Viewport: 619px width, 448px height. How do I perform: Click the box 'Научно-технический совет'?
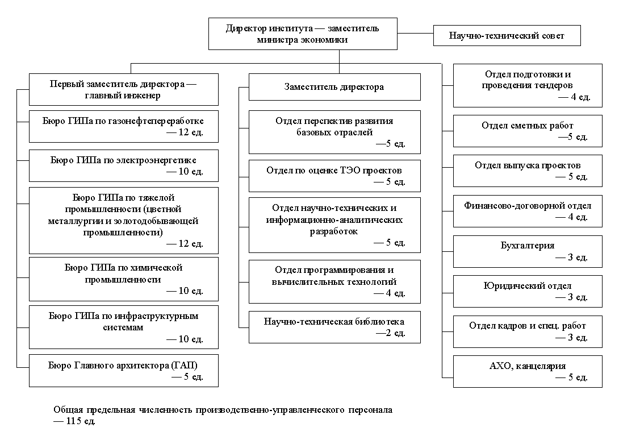[507, 35]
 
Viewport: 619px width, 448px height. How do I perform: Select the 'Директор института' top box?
[302, 34]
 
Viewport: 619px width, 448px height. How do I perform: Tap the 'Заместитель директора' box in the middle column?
[334, 87]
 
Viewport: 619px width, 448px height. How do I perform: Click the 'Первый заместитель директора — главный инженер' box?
[123, 89]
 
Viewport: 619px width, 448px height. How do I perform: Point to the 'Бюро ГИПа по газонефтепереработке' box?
[123, 126]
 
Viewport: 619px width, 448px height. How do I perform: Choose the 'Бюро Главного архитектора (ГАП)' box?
[123, 371]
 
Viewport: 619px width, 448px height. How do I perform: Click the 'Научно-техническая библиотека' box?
[334, 327]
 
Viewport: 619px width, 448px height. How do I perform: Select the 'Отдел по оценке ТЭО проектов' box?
[334, 176]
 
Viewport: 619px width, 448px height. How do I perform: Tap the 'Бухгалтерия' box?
[527, 251]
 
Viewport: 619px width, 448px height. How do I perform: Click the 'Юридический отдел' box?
[527, 291]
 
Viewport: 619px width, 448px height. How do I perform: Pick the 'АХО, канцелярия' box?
[527, 371]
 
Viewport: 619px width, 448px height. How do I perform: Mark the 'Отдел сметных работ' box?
[527, 131]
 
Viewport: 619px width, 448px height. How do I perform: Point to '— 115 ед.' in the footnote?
[74, 421]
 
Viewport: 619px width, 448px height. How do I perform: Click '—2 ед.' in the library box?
[391, 333]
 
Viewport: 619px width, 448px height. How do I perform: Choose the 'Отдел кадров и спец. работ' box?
[527, 331]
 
